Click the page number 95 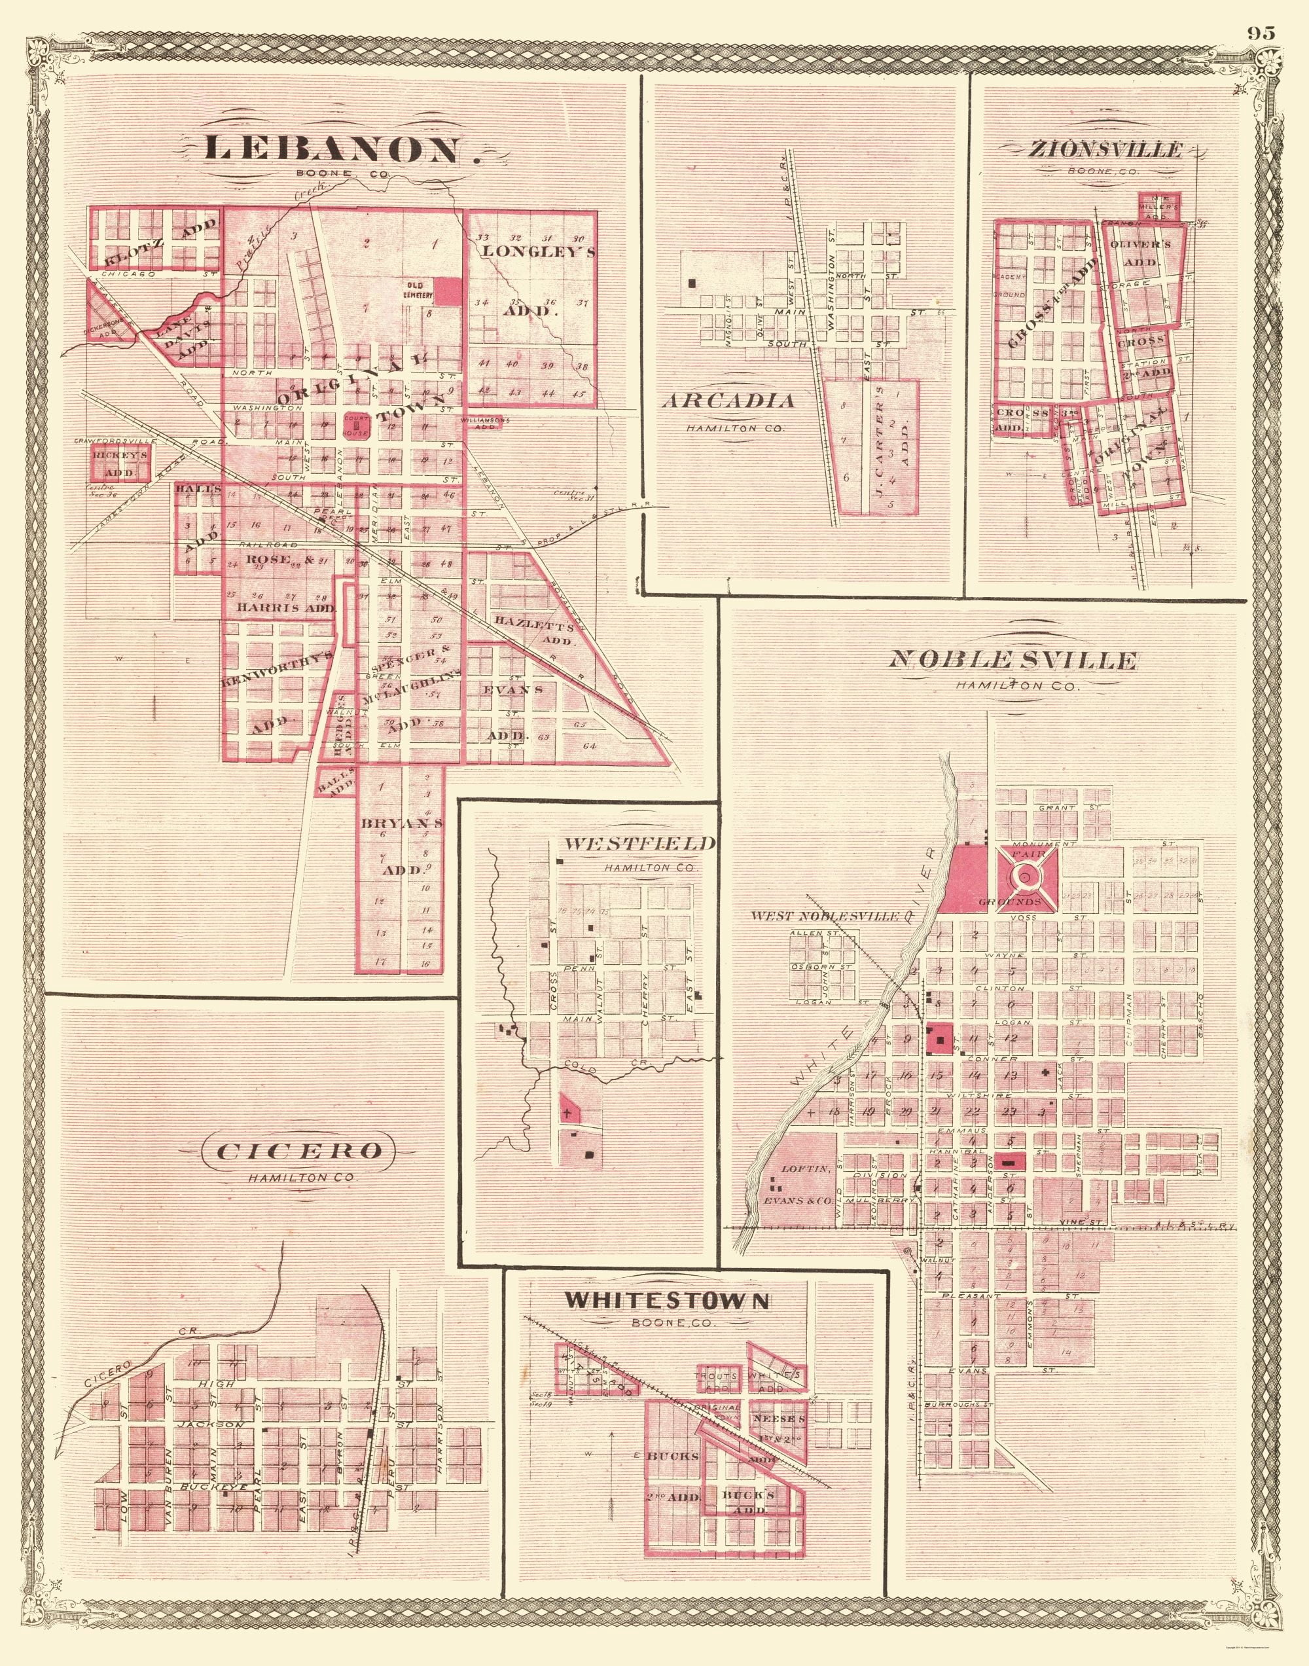(1260, 32)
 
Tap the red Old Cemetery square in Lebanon (449, 292)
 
